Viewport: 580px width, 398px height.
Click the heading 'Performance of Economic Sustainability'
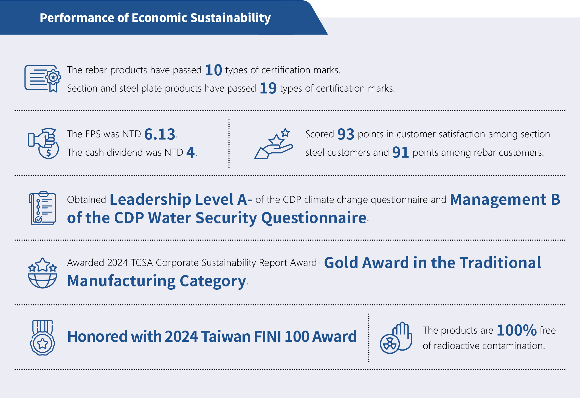[155, 18]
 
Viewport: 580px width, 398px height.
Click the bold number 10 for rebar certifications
[213, 70]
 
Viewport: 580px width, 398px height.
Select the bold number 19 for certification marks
[268, 88]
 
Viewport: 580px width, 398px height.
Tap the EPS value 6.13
[160, 134]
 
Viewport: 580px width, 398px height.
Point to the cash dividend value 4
[190, 152]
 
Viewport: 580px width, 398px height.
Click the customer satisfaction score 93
[346, 134]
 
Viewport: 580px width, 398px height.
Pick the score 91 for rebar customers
[401, 152]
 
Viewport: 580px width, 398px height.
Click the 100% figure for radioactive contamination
[517, 330]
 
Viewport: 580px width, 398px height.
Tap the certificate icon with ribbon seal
[43, 79]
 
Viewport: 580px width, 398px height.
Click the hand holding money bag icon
[43, 143]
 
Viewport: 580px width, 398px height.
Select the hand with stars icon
[274, 143]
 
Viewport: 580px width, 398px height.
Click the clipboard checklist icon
[43, 208]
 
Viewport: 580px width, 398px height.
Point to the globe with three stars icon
[43, 273]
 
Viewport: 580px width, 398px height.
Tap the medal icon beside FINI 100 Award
[43, 338]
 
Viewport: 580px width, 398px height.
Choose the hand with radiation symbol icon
[396, 338]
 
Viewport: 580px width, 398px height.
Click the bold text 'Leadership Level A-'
[181, 199]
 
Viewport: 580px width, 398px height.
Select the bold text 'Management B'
[505, 199]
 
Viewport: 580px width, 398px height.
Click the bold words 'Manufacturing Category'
[157, 281]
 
